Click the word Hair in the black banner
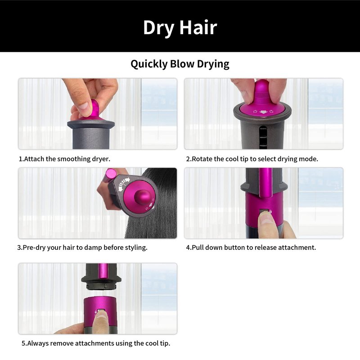(198, 27)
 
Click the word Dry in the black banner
(159, 28)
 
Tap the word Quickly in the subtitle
(149, 64)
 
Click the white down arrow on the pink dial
(263, 112)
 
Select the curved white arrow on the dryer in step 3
(123, 183)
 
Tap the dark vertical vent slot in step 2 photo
(263, 137)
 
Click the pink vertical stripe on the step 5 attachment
(103, 270)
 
